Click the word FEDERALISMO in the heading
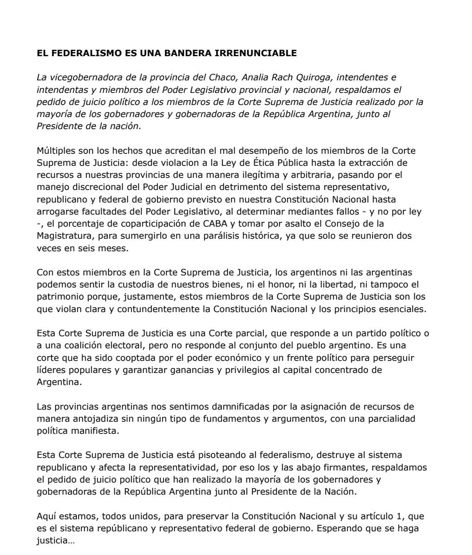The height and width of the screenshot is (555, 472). coord(83,53)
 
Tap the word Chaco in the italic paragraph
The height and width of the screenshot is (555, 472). coord(224,77)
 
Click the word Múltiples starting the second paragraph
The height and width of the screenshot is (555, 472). coord(54,150)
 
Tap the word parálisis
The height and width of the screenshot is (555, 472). coord(243,236)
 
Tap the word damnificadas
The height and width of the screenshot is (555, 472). coord(244,406)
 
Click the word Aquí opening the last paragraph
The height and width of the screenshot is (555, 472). coord(46,516)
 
